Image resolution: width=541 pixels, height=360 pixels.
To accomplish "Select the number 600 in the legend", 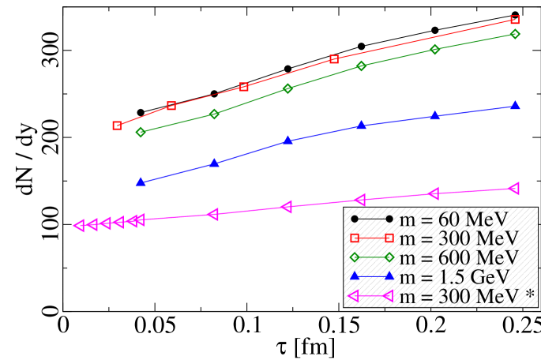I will coord(456,257).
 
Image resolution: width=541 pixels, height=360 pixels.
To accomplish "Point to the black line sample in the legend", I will coord(371,218).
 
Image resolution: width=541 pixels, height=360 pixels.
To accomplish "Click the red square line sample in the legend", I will coord(371,238).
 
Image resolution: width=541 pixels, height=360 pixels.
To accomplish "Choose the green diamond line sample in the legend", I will coord(371,257).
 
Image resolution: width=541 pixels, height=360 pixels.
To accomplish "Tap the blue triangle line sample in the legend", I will coord(371,276).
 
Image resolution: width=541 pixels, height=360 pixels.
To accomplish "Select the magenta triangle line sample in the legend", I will coord(371,296).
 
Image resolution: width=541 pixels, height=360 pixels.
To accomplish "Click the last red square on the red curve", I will coord(515,20).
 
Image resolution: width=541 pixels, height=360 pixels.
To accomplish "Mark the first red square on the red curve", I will coord(117,126).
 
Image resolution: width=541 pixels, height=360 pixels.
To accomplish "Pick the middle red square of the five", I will coord(244,87).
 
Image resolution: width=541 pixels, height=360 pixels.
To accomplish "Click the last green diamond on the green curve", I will coord(515,34).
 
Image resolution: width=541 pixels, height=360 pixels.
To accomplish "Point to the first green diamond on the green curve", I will coord(141,133).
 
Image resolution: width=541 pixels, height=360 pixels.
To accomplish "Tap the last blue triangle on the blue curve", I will coord(515,106).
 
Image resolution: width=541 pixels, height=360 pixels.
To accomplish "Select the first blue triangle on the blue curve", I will coord(141,182).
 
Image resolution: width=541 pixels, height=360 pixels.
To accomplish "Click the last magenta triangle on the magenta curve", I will coord(514,189).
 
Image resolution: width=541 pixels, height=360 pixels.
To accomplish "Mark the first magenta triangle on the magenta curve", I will coord(78,226).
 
